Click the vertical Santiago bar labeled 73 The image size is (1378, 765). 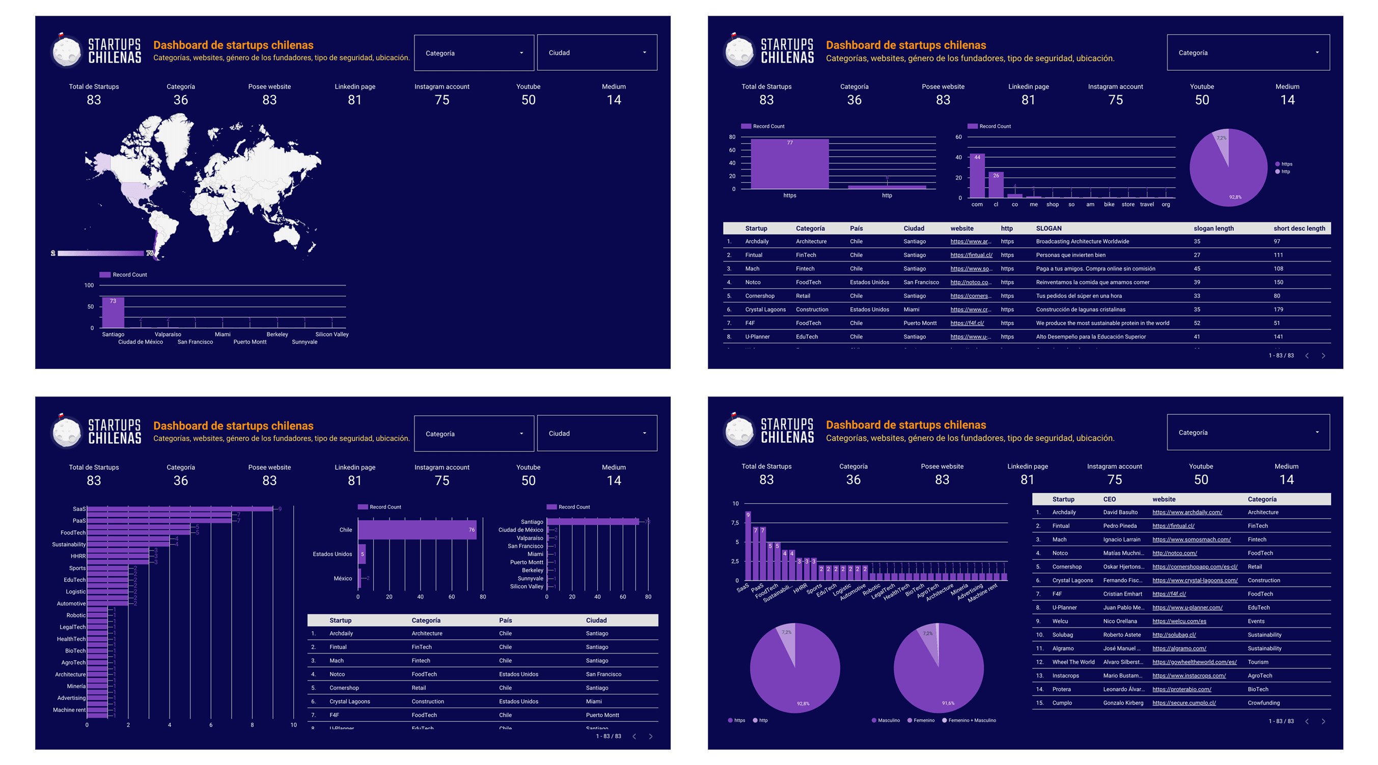(113, 313)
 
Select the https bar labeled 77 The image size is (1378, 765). (789, 164)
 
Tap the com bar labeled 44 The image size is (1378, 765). (977, 177)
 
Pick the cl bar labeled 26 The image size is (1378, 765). (996, 185)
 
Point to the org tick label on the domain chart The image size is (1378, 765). (1166, 204)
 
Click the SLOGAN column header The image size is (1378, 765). (1049, 228)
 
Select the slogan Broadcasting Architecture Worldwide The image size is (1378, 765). (1082, 242)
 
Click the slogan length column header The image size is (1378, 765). (1213, 228)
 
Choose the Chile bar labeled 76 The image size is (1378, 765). (417, 530)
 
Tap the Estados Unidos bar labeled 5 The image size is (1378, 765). (362, 554)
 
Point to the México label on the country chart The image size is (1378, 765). (342, 578)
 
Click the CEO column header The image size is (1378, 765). (1109, 499)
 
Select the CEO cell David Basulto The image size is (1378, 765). (1120, 512)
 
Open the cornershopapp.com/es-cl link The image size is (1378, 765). (1195, 566)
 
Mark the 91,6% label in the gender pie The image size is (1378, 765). (948, 703)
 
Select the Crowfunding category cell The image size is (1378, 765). (1263, 703)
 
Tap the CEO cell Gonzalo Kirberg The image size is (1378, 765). (1123, 703)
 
